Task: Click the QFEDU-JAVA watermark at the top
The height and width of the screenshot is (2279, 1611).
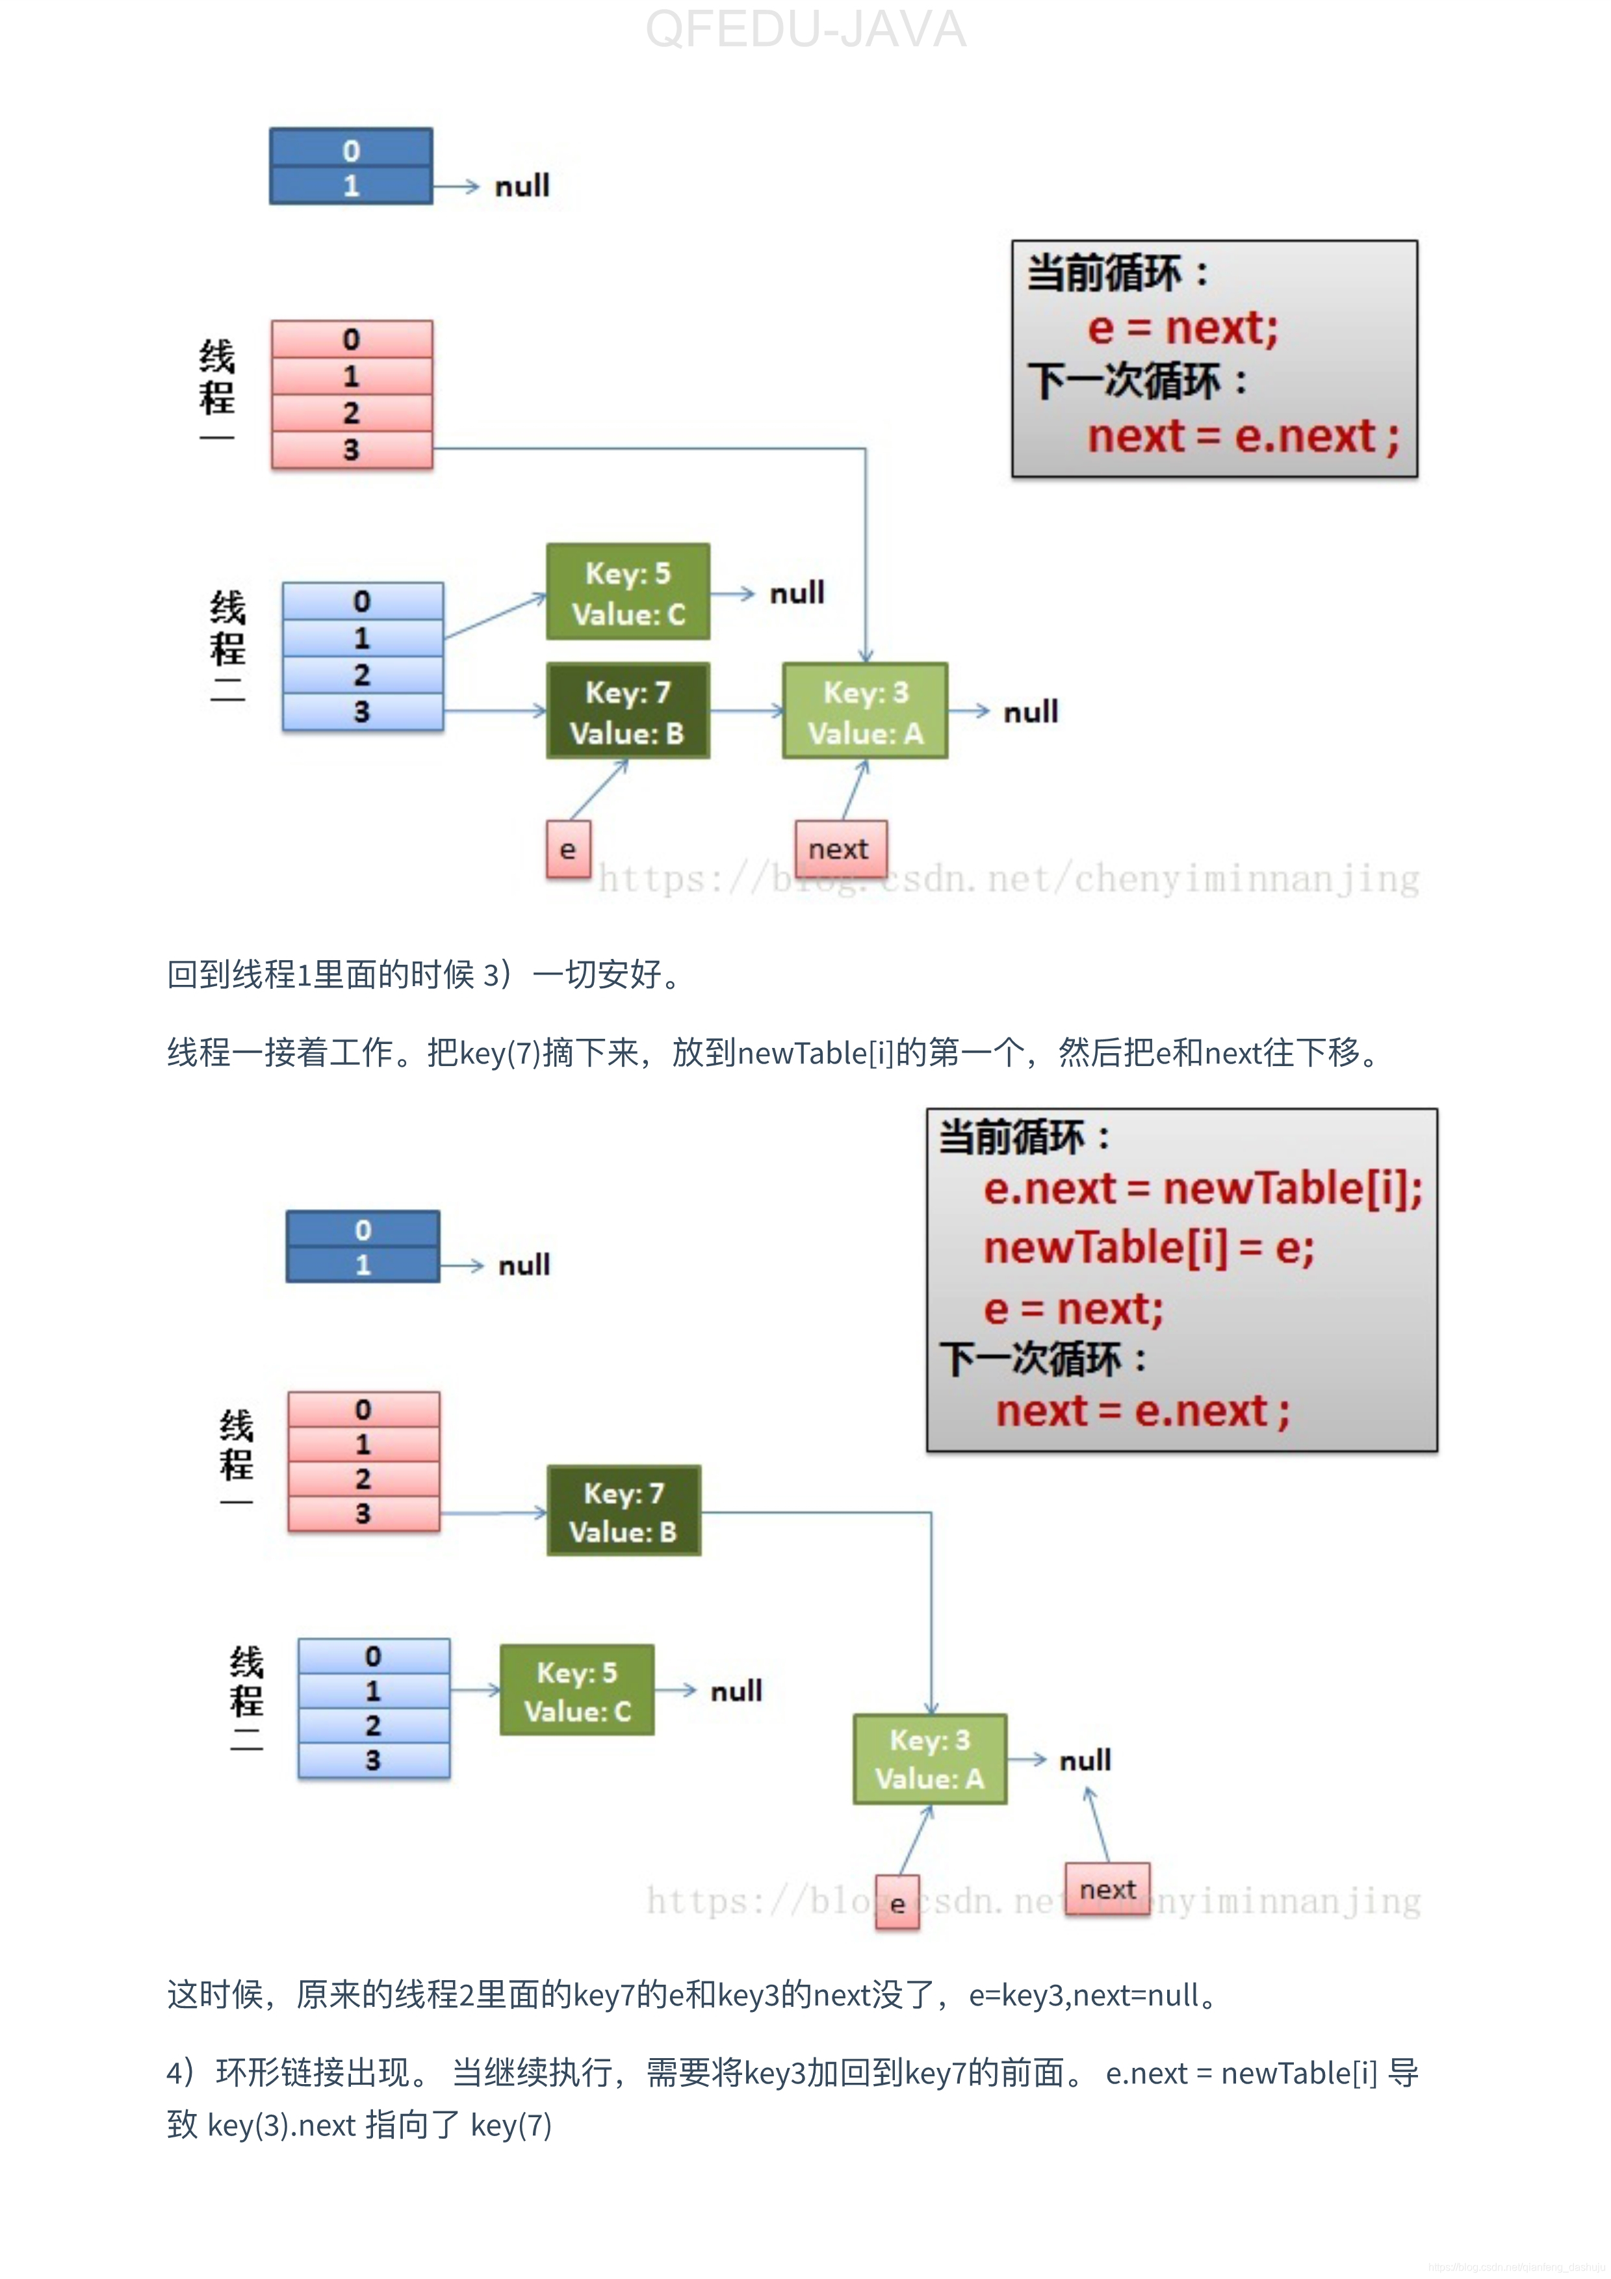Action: (x=805, y=30)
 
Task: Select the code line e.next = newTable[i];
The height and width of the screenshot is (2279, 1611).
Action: (x=1202, y=1188)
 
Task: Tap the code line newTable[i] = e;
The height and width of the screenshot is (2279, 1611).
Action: (x=1148, y=1248)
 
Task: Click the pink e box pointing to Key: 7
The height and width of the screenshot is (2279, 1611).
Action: (x=568, y=850)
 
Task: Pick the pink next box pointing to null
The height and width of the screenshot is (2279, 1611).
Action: (x=1107, y=1889)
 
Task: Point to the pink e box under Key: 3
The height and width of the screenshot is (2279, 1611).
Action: (x=897, y=1903)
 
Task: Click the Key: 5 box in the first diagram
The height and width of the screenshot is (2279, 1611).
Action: (x=627, y=592)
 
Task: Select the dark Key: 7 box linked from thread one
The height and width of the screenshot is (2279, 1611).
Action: (x=623, y=1510)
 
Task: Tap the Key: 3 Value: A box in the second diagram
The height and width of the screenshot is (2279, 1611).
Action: (x=930, y=1759)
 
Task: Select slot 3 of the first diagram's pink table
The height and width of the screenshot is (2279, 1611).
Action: (x=352, y=450)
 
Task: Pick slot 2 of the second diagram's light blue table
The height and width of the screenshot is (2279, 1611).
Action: (x=373, y=1725)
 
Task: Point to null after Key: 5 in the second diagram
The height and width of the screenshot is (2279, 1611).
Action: (x=736, y=1690)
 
